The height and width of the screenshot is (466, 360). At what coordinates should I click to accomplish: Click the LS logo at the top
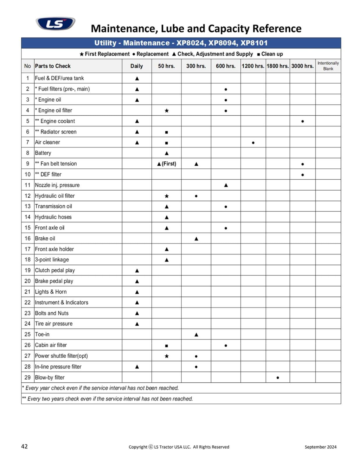coord(55,24)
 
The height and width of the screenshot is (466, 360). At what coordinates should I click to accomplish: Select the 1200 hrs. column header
coord(253,66)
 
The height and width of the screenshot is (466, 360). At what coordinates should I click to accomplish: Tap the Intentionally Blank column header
coord(328,66)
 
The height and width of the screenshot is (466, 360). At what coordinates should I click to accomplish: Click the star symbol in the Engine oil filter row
coord(167,111)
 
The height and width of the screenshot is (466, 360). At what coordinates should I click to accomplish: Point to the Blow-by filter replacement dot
coord(278,378)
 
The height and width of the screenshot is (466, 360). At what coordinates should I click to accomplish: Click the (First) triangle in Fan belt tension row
coord(166,164)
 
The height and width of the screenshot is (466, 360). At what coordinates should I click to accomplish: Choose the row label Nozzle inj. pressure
coord(57,185)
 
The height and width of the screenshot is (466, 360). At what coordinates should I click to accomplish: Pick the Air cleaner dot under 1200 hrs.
coord(253,143)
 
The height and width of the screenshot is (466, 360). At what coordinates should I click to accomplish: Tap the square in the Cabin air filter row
coord(167,346)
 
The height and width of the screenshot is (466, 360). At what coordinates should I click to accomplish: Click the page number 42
coord(24,446)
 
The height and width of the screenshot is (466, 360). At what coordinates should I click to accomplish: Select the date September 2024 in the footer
coord(320,447)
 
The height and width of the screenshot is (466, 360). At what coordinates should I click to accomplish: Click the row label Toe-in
coord(42,334)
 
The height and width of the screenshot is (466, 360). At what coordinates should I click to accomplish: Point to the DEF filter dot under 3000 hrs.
coord(303,175)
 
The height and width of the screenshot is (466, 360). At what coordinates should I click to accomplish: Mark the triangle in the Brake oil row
coord(196,239)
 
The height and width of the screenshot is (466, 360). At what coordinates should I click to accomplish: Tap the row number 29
coord(28,377)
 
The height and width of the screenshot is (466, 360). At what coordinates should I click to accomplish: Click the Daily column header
coord(137,66)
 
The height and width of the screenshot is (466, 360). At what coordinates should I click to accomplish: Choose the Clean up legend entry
coord(270,54)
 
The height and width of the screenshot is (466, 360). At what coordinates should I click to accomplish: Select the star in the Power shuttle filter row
coord(167,356)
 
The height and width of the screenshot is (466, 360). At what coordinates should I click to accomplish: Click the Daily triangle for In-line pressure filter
coord(137,367)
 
